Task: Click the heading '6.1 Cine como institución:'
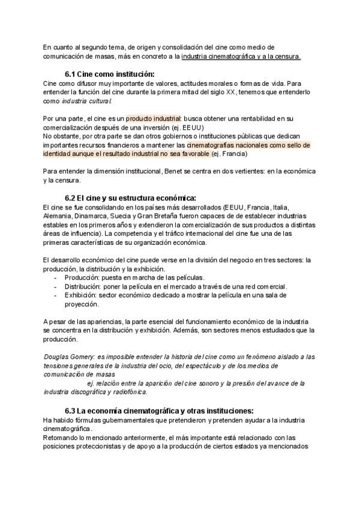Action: click(112, 74)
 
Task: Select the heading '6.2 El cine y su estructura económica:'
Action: click(130, 198)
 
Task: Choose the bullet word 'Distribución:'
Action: click(83, 286)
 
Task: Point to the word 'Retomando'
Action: click(62, 438)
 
